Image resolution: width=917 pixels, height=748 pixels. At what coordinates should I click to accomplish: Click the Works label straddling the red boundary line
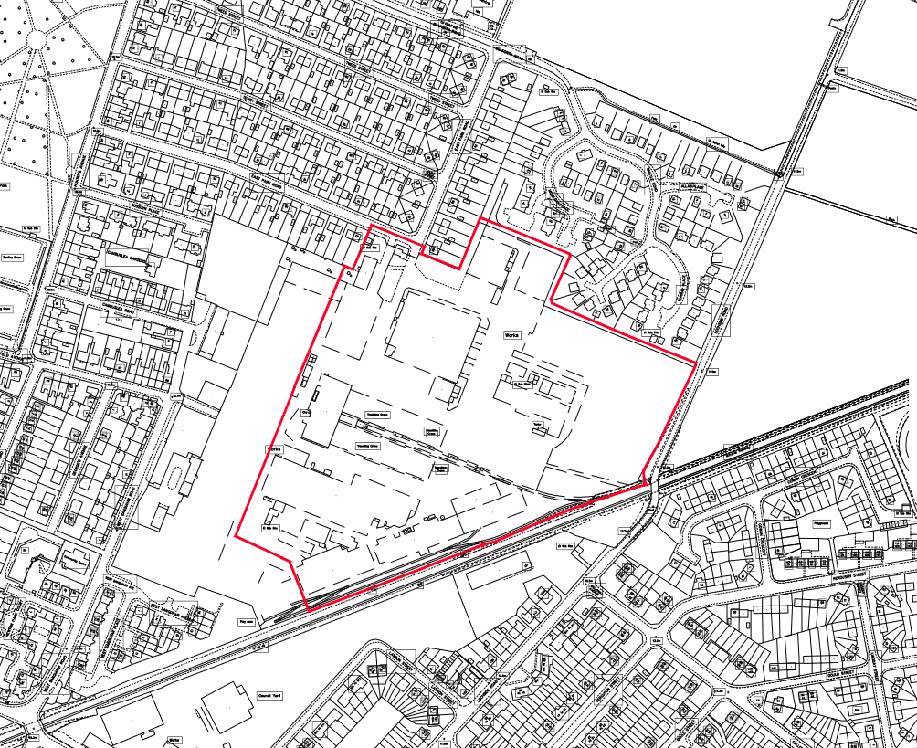point(271,450)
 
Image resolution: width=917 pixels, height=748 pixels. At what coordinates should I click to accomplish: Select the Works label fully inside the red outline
point(510,335)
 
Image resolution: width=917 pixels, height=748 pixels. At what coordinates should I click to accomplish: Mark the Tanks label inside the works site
point(537,425)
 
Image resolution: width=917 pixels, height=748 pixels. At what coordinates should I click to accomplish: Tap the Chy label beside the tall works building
point(305,413)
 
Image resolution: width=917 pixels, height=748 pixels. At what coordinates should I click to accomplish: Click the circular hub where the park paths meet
point(37,38)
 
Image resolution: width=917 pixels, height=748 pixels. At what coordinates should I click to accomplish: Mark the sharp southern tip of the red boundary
point(308,607)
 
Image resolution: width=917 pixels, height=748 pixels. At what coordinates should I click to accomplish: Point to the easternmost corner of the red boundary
point(696,364)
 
